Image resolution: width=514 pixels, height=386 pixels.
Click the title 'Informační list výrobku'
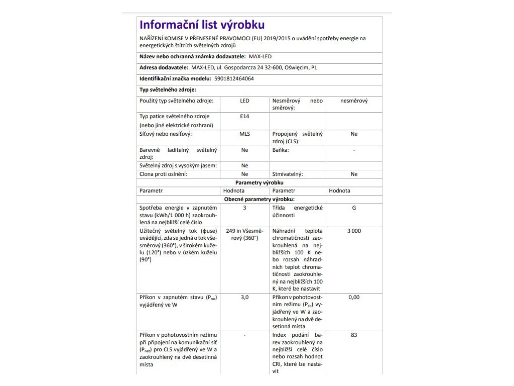pyautogui.click(x=202, y=25)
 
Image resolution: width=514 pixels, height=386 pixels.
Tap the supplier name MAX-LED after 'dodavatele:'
pyautogui.click(x=260, y=57)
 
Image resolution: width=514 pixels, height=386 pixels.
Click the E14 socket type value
pyautogui.click(x=244, y=116)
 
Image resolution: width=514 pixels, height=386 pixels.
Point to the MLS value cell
pyautogui.click(x=244, y=134)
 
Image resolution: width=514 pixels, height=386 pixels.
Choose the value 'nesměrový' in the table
pyautogui.click(x=354, y=101)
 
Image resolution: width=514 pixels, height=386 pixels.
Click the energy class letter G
pyautogui.click(x=354, y=208)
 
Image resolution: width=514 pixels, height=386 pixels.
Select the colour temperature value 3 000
pyautogui.click(x=354, y=231)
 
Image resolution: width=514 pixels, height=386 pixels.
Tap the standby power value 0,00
pyautogui.click(x=354, y=297)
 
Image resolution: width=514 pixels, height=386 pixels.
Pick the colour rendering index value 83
pyautogui.click(x=354, y=335)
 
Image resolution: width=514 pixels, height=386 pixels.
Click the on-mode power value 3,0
pyautogui.click(x=244, y=297)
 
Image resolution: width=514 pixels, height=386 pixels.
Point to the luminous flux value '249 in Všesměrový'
pyautogui.click(x=244, y=234)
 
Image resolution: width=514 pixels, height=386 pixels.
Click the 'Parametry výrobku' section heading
pyautogui.click(x=259, y=182)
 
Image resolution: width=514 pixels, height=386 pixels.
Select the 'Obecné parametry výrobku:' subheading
pyautogui.click(x=259, y=200)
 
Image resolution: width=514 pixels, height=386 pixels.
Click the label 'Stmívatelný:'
pyautogui.click(x=288, y=174)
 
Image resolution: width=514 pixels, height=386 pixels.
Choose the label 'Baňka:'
pyautogui.click(x=281, y=150)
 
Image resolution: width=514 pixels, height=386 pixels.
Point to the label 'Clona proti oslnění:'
pyautogui.click(x=163, y=174)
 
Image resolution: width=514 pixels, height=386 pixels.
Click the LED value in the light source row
pyautogui.click(x=244, y=101)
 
